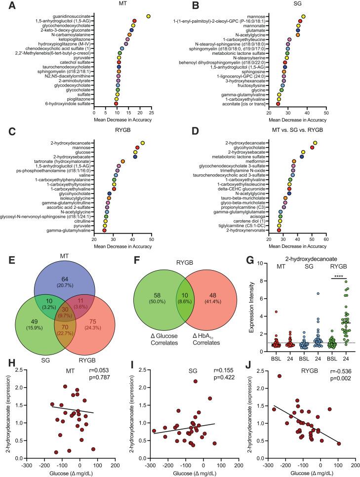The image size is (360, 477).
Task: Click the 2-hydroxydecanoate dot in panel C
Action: point(143,143)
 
